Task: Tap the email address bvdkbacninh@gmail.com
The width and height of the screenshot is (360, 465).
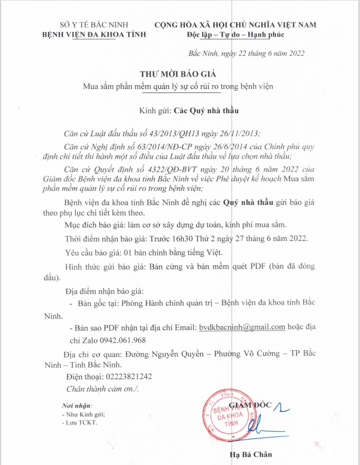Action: coord(242,327)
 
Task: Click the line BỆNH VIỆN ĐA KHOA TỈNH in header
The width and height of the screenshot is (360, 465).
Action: coord(94,34)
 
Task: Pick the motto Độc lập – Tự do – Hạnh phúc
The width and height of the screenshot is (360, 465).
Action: coord(235,34)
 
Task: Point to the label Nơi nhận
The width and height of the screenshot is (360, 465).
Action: coord(77,405)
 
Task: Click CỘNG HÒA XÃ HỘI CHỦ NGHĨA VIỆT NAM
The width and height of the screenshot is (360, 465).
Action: coord(235,24)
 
